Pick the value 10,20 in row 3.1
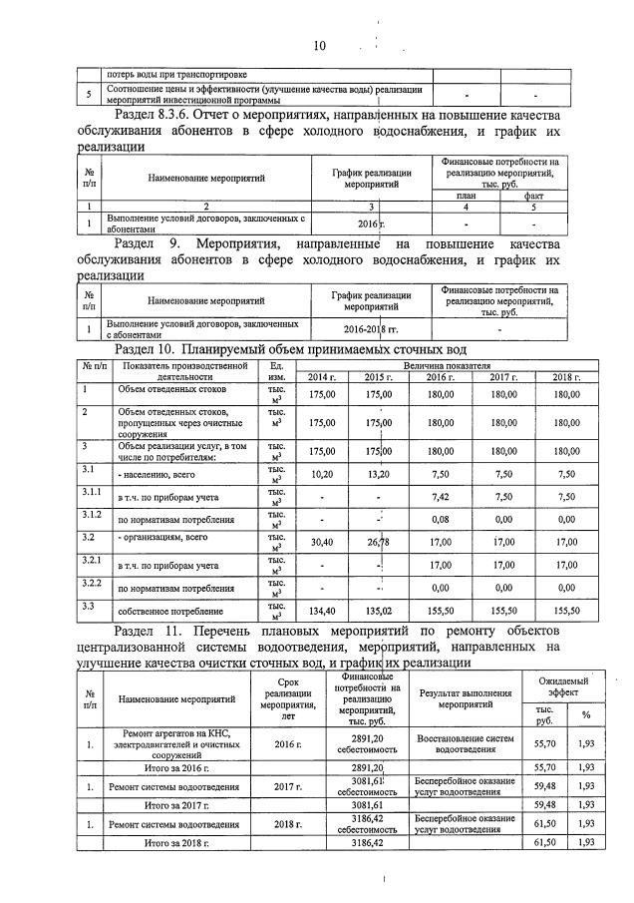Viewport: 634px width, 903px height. point(322,474)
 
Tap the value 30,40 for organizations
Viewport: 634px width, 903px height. point(322,543)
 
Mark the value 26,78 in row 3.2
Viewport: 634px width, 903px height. point(378,543)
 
